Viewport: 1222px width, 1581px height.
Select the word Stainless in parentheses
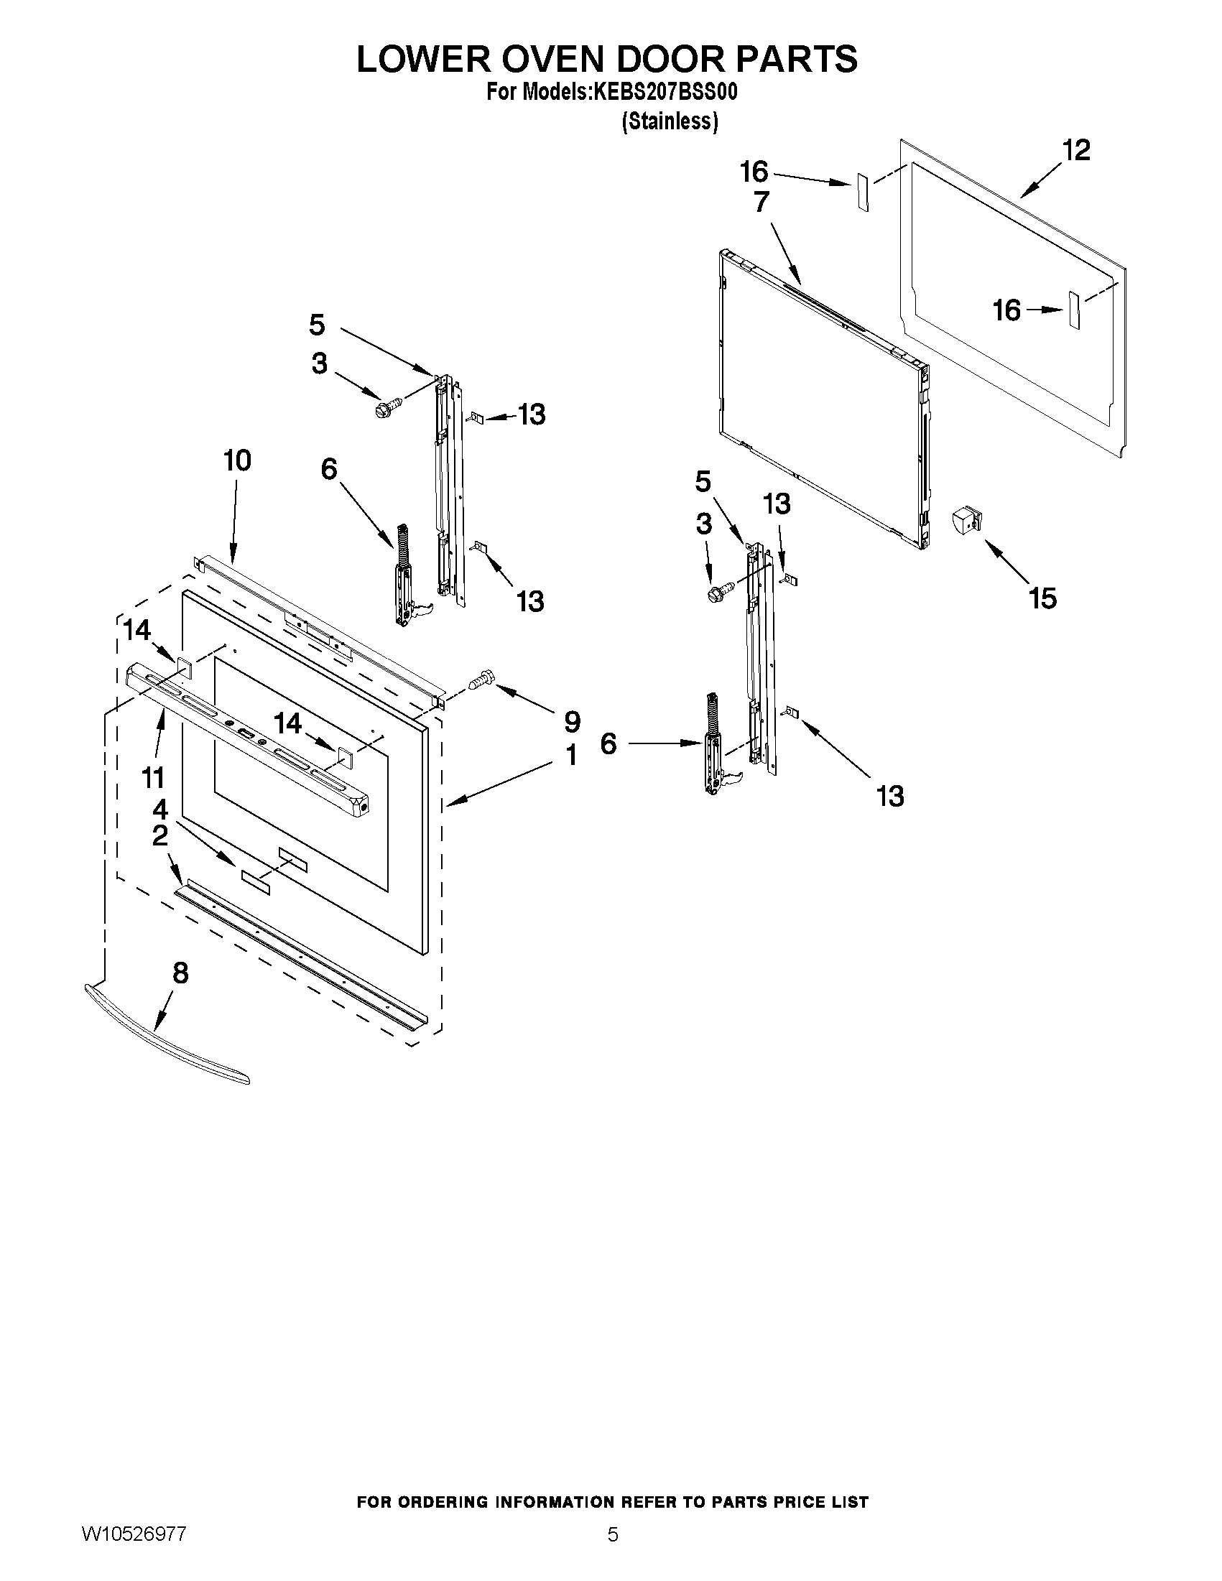[x=670, y=121]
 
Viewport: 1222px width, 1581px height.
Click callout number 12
[x=1075, y=151]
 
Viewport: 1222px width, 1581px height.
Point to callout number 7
[x=761, y=202]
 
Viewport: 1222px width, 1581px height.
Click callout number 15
[x=1042, y=598]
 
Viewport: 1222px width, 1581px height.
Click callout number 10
[x=237, y=460]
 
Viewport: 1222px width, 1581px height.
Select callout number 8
[x=180, y=973]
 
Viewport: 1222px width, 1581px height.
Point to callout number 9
[x=572, y=721]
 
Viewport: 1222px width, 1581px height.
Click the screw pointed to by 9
[x=481, y=680]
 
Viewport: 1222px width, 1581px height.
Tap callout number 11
[x=153, y=778]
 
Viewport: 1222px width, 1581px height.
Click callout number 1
[x=571, y=756]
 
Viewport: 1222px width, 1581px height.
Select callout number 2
[x=160, y=836]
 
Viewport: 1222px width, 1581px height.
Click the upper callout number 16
[x=754, y=172]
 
